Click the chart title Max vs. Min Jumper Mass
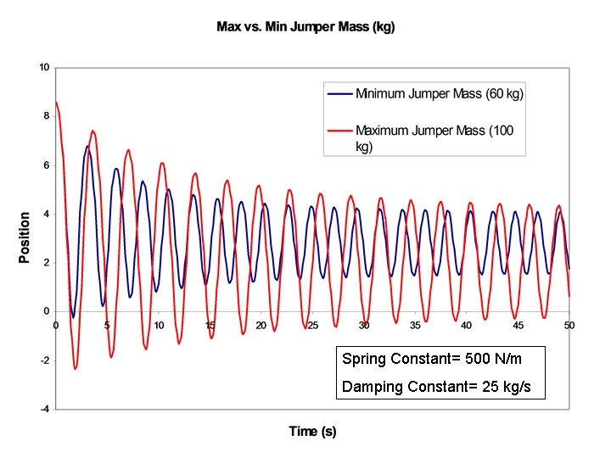305,27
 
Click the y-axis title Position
25,237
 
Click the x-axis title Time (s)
312,432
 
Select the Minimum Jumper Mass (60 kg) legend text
440,93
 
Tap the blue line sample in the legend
339,93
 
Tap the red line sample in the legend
339,131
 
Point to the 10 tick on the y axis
45,67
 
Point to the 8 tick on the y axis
47,116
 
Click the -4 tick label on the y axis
45,410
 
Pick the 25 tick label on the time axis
312,325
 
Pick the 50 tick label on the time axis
569,325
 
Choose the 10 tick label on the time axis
158,325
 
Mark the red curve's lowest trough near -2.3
76,368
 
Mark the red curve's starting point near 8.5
56,103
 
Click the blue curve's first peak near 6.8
87,146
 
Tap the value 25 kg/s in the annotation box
508,388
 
